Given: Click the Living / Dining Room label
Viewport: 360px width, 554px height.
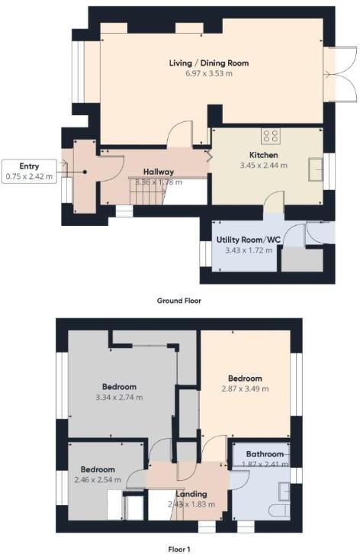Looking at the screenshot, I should coord(208,63).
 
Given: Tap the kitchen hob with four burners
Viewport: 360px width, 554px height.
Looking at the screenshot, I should coord(270,137).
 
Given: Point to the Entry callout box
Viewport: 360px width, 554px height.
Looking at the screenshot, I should coord(29,171).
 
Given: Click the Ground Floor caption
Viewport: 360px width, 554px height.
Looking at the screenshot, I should coord(179,301).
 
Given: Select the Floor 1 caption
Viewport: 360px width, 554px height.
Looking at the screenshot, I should coord(179,548).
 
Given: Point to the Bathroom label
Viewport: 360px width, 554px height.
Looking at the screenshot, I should coord(265,454).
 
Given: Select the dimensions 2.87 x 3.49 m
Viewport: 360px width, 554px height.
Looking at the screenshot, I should coord(244,388).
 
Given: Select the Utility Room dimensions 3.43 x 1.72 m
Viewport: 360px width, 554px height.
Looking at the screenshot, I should coord(244,250).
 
